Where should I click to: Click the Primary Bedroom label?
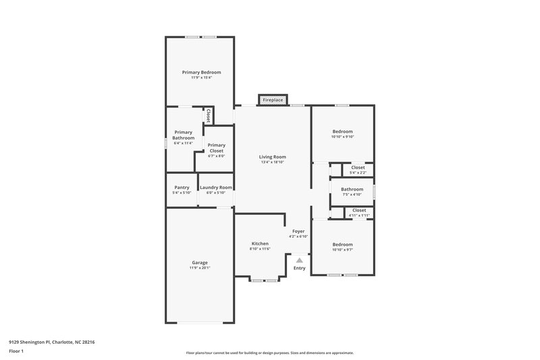201,72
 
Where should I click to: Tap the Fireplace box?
273,100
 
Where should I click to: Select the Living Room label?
273,156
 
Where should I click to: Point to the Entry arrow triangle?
299,259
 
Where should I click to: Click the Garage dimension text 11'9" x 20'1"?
199,268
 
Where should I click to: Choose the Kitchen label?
260,244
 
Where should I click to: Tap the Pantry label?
182,187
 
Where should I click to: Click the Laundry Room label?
216,187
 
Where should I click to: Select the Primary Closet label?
216,145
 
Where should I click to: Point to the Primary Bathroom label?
184,135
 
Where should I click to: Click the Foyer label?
298,231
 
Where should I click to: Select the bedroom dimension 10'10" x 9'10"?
342,137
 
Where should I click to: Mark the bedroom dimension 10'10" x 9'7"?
342,250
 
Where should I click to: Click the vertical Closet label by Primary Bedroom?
208,115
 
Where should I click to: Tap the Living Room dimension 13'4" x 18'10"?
273,162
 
